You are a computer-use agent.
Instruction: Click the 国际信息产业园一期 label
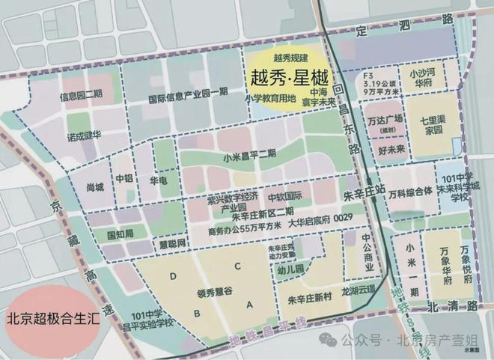pos(188,97)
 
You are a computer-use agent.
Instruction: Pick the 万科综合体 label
pos(410,191)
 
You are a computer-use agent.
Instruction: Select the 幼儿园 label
pos(288,268)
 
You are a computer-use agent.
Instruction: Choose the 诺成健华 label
pos(82,135)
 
